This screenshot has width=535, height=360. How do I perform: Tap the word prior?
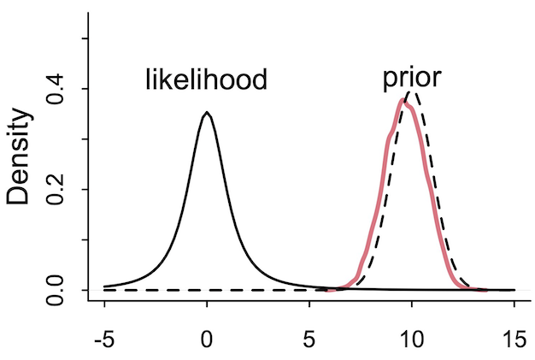coord(411,78)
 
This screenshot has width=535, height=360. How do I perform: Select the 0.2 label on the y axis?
coord(58,189)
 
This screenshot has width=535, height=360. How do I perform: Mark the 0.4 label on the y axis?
coord(58,89)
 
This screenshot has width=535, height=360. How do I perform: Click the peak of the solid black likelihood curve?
coord(207,113)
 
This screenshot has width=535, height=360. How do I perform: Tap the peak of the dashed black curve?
coord(412,91)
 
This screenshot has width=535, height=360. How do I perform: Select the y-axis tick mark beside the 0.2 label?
coord(83,189)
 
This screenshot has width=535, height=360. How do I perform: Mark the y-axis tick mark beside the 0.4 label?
coord(83,89)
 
